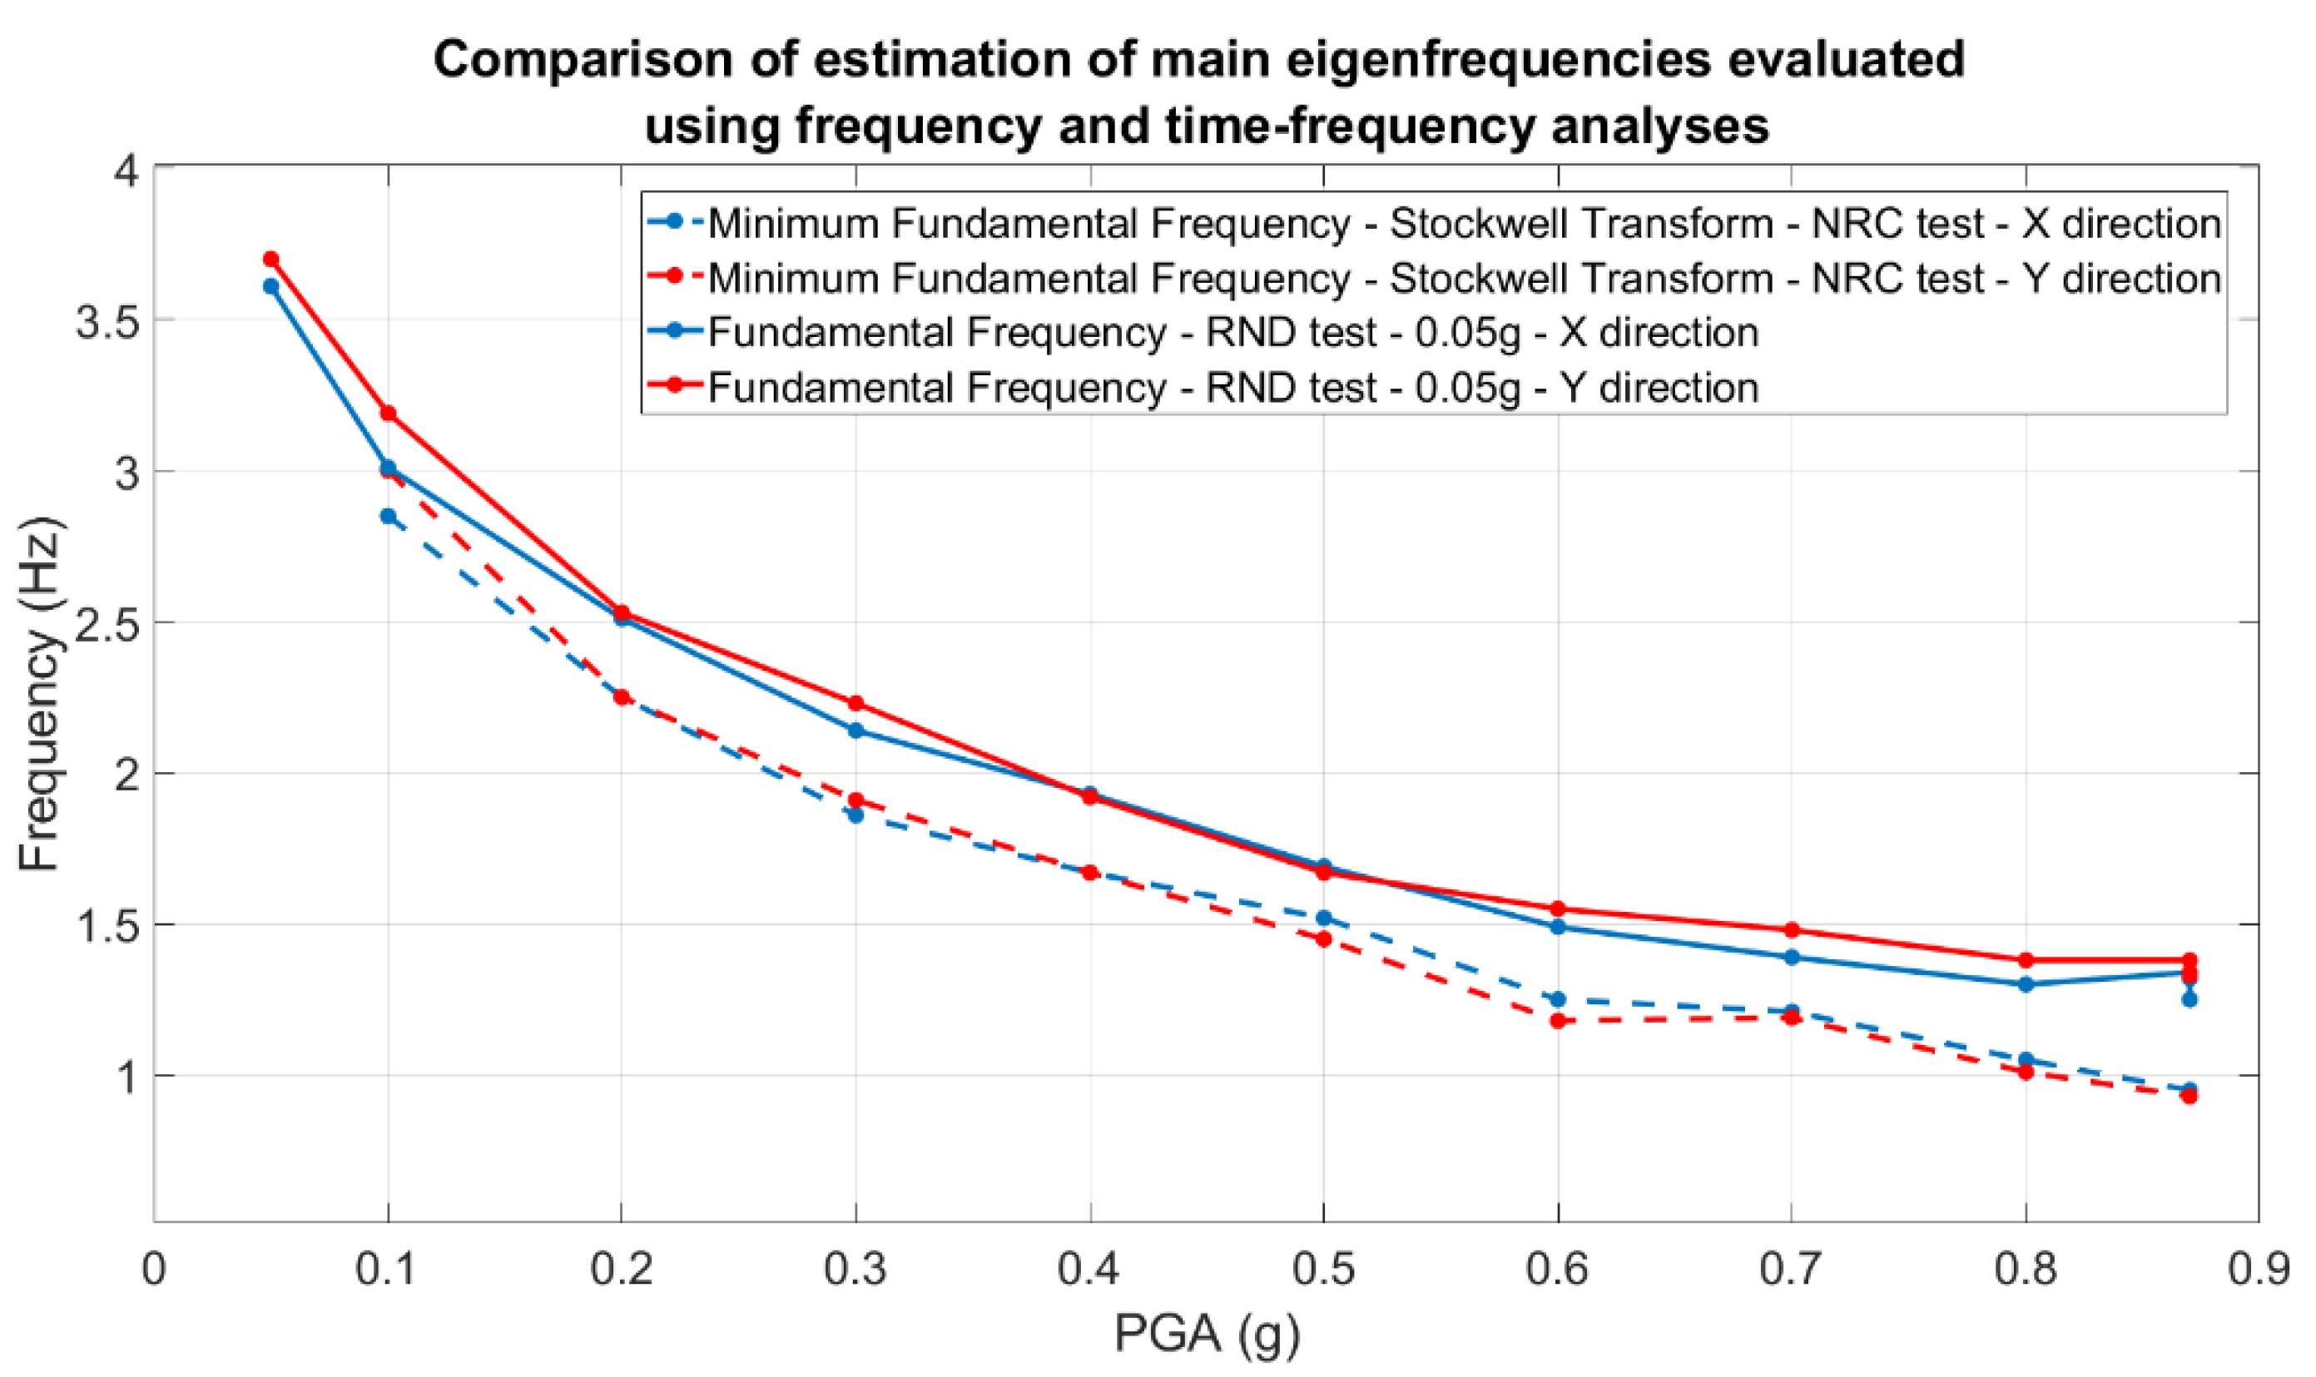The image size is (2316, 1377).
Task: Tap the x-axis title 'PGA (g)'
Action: pos(1206,1335)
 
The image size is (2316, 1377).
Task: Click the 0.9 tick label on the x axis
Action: pos(2257,1269)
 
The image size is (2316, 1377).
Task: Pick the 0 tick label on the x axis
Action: pos(154,1269)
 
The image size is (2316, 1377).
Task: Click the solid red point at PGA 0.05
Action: pos(271,259)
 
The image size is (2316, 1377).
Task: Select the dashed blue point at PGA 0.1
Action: pos(388,516)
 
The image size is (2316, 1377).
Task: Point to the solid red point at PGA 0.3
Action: pos(855,703)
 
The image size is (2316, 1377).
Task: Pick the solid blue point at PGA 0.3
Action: pos(855,731)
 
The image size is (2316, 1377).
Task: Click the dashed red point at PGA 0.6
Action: pos(1558,1022)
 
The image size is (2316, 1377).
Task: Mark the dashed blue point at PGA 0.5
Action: pos(1324,919)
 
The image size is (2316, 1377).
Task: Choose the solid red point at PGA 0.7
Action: pos(1792,929)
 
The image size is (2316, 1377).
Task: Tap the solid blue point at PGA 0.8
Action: pos(2026,983)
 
